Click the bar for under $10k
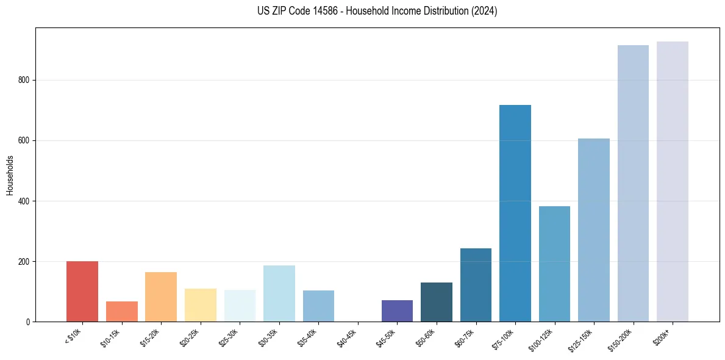pos(82,291)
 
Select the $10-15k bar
pos(121,311)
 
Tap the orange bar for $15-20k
pos(161,297)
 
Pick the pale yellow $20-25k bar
pos(200,305)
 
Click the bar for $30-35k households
pos(279,293)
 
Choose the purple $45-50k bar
pos(397,311)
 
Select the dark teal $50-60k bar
pos(436,302)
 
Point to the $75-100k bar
pos(515,214)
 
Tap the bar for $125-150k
pos(593,230)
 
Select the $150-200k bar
pos(633,183)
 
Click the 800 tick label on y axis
pos(23,80)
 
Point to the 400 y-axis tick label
pos(23,201)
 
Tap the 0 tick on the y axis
pos(27,322)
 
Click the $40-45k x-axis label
pos(346,339)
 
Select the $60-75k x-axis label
pos(465,339)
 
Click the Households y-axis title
pos(10,175)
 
